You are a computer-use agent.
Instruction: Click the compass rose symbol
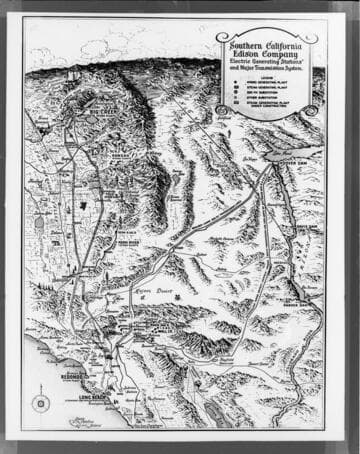(x=41, y=403)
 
